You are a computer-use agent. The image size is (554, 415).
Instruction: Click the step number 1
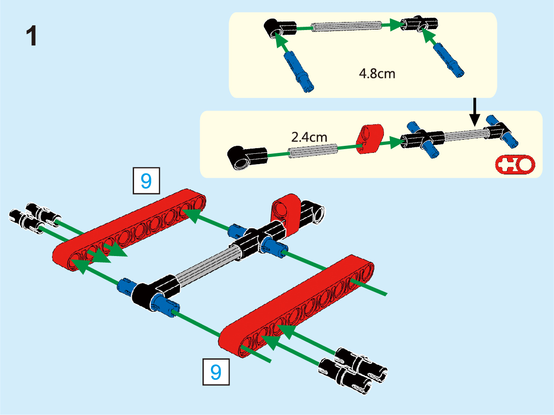click(x=32, y=37)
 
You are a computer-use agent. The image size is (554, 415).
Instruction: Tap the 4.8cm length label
click(x=376, y=75)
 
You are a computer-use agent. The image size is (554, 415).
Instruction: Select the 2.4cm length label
click(x=308, y=137)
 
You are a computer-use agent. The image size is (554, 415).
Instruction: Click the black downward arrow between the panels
click(x=474, y=112)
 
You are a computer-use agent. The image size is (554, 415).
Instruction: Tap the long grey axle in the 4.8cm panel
click(x=347, y=26)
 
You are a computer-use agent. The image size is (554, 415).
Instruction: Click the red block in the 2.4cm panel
click(x=370, y=138)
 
